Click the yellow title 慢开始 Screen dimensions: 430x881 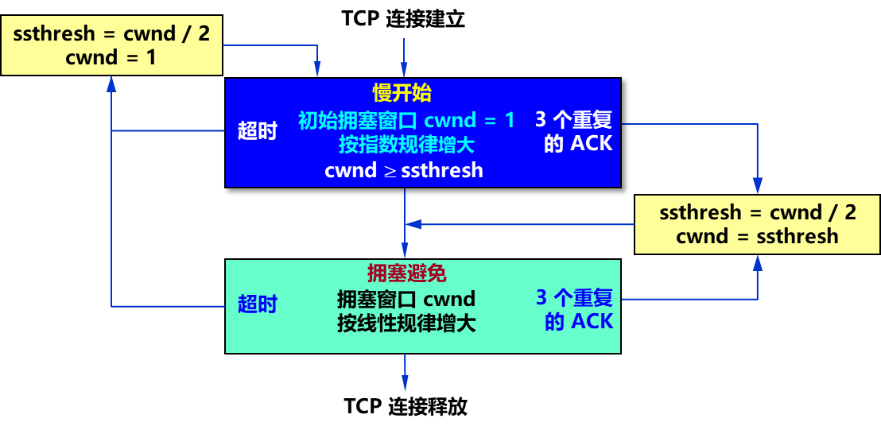402,93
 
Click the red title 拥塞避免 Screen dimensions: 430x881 406,273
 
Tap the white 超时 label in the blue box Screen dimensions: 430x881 257,131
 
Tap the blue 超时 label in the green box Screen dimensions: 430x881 257,304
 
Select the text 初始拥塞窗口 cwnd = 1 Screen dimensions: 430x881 406,121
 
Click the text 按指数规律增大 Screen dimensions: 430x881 406,145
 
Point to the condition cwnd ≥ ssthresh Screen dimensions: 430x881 404,170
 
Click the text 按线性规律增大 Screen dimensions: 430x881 406,323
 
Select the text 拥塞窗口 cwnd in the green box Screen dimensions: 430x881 406,299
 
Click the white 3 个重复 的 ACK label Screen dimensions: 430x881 573,131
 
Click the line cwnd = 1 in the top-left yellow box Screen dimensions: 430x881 111,57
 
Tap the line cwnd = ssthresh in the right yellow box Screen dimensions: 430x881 757,236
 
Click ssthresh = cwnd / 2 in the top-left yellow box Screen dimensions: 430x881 111,35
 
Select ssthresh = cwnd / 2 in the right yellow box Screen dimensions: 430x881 757,212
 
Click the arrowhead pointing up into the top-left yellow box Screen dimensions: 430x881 111,83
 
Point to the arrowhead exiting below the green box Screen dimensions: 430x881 405,383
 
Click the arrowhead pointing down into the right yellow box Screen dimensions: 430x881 758,188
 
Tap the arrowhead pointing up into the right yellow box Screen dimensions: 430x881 758,262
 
